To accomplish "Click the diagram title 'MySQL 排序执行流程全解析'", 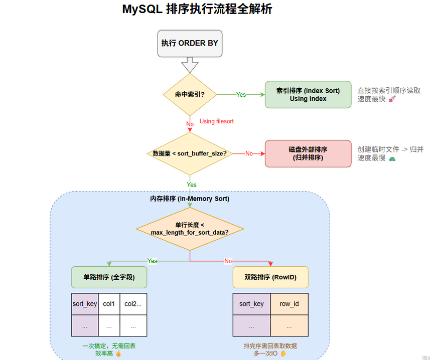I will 197,10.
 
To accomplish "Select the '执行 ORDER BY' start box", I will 190,43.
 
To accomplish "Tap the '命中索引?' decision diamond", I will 190,94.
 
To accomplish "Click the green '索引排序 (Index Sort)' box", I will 308,94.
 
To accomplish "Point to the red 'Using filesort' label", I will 216,121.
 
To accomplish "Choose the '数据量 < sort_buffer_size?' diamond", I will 190,153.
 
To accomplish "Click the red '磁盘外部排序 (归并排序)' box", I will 308,153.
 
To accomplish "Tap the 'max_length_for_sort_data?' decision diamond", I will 190,229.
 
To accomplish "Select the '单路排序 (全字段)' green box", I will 109,277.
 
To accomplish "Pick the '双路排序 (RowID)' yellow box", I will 270,277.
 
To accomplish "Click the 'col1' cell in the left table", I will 109,304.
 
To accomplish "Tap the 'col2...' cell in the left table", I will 133,304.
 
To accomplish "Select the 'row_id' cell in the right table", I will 289,304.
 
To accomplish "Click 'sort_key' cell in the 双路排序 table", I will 251,304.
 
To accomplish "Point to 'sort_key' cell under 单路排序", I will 85,304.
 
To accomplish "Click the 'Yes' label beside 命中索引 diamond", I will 241,94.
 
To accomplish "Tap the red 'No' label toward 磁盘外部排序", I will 249,153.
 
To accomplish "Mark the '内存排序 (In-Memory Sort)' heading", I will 190,199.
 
